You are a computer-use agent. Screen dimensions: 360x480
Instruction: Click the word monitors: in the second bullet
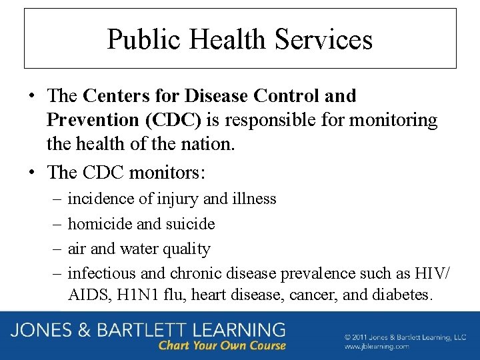tap(167, 172)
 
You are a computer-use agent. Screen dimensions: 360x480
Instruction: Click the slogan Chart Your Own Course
tap(222, 345)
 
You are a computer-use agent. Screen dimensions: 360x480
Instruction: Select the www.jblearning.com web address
tap(377, 347)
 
